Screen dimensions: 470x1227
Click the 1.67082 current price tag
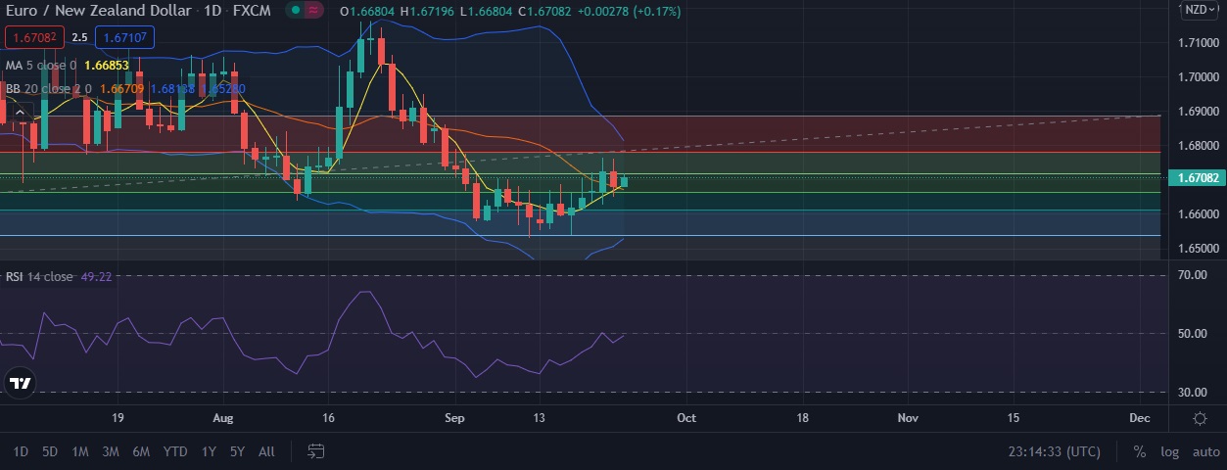[x=1196, y=177]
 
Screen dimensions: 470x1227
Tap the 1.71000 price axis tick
[x=1198, y=43]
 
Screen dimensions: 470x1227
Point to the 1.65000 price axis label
[x=1198, y=249]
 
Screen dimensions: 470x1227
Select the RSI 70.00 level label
[x=1192, y=275]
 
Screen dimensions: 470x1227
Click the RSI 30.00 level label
[x=1192, y=393]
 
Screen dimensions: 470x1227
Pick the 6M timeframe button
[x=141, y=451]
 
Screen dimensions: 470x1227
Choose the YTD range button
[x=175, y=451]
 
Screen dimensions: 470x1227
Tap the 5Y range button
[x=237, y=451]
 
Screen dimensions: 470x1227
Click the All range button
[x=266, y=451]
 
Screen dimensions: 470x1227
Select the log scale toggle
[x=1170, y=451]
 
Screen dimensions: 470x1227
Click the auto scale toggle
[x=1205, y=451]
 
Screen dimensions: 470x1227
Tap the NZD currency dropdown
[x=1198, y=10]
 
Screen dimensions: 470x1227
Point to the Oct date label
[x=686, y=417]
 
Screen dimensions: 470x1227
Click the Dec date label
[x=1139, y=417]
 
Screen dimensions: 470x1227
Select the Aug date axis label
[x=223, y=417]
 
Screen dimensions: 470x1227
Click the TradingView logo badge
[x=20, y=383]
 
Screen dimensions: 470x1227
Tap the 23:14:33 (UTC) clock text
[x=1054, y=451]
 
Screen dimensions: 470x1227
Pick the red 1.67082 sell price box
[x=34, y=37]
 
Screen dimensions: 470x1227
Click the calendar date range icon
[x=315, y=451]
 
